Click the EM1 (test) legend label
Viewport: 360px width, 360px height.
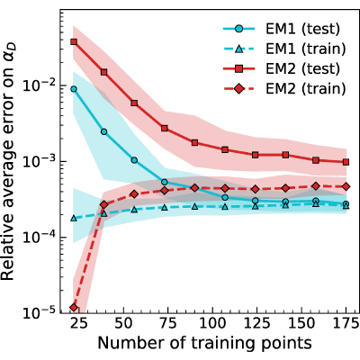coord(302,29)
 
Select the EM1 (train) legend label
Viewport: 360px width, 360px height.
coord(306,49)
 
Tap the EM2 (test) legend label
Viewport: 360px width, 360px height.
coord(302,69)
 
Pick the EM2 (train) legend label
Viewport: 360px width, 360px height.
coord(306,89)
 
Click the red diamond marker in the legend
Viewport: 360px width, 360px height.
coord(238,89)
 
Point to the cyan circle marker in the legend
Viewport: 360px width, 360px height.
coord(238,29)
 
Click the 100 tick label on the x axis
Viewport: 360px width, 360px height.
coord(212,324)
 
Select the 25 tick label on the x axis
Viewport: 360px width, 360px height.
coord(79,324)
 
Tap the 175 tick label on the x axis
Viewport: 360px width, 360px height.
coord(345,324)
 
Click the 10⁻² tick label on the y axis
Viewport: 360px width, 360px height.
coord(40,85)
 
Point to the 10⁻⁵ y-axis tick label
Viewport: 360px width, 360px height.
coord(40,313)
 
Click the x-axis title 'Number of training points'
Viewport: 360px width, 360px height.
coord(204,344)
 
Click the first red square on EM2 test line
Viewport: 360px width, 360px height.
coord(74,41)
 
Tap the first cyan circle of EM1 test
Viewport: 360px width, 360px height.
coord(74,89)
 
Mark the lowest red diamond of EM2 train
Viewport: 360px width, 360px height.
coord(74,308)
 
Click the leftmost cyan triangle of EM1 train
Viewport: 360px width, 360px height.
coord(74,218)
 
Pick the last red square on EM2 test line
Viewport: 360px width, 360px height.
coord(346,162)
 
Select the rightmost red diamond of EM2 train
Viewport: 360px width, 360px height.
coord(346,186)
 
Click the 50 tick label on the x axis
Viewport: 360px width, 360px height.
coord(123,324)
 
